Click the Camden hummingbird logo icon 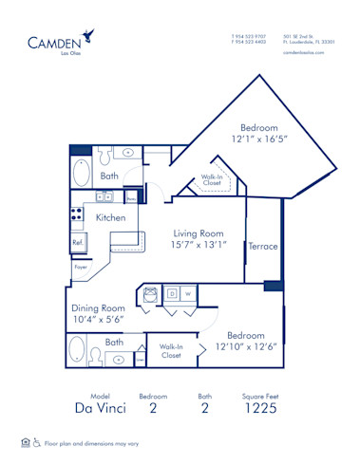coord(87,36)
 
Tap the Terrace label coord(263,246)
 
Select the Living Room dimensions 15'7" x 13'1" coord(198,245)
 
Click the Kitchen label coord(111,217)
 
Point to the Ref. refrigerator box coord(78,243)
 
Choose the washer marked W coord(188,294)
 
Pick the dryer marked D coord(172,294)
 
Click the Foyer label coord(81,268)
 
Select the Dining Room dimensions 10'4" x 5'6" coord(99,321)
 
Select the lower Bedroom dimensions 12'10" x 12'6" coord(245,347)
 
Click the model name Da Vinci coord(100,408)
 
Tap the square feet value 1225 coord(259,408)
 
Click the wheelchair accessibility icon coord(37,442)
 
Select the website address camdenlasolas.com coord(304,53)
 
